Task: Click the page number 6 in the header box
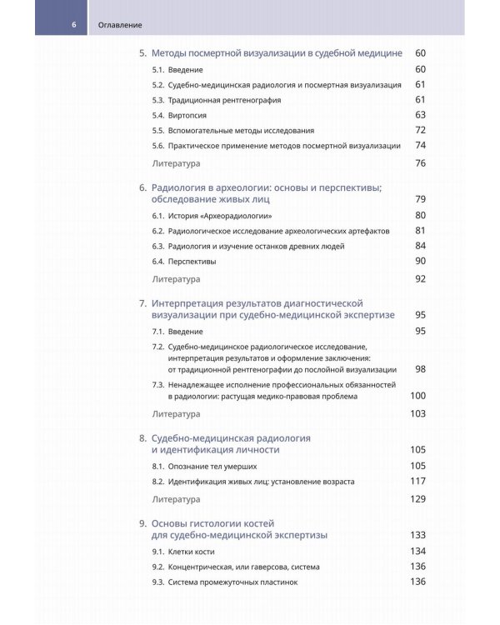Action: click(x=74, y=24)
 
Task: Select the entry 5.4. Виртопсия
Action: click(x=179, y=115)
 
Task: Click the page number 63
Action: click(x=420, y=115)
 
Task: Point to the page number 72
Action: click(x=420, y=130)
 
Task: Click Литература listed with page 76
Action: click(x=176, y=163)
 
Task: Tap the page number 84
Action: click(x=420, y=246)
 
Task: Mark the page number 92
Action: click(x=420, y=278)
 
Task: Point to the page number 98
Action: click(x=420, y=369)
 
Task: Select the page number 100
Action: click(x=418, y=396)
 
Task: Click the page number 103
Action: click(x=418, y=413)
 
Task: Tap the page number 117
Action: click(x=418, y=481)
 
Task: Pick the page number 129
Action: click(x=418, y=498)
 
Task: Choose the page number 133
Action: click(x=418, y=534)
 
